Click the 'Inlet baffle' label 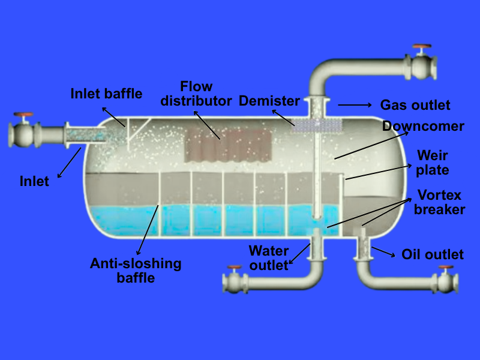coord(106,94)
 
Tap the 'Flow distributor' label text coord(196,94)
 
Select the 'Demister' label coord(269,100)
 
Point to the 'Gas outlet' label coord(415,105)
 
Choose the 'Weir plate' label coord(432,163)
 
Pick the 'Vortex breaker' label coord(440,202)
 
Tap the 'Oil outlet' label coord(432,254)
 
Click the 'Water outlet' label coord(269,257)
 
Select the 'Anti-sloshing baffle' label coord(136,270)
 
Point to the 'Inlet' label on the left coord(34,181)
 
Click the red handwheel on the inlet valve coord(24,115)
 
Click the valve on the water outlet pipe coord(233,280)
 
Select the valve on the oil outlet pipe coord(445,280)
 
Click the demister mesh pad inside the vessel coord(317,124)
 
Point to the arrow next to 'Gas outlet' coord(355,105)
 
